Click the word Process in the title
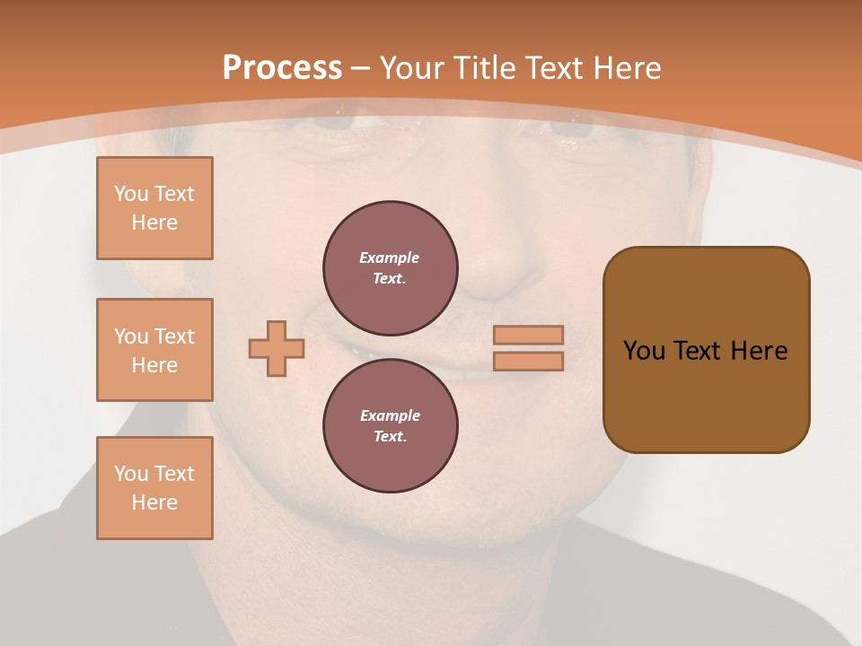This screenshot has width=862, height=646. pyautogui.click(x=282, y=67)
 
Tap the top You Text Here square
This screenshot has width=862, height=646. pyautogui.click(x=154, y=208)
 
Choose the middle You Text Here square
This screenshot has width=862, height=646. pyautogui.click(x=154, y=350)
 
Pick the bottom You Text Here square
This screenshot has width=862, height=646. pyautogui.click(x=154, y=488)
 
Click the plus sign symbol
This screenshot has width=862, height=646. pyautogui.click(x=277, y=348)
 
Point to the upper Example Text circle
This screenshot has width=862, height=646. pyautogui.click(x=391, y=268)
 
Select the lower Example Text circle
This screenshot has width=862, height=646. pyautogui.click(x=391, y=426)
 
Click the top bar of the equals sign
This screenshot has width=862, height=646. pyautogui.click(x=528, y=335)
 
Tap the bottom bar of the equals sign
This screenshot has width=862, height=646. pyautogui.click(x=528, y=361)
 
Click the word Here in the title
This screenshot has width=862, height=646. pyautogui.click(x=628, y=67)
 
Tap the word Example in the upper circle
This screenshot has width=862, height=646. pyautogui.click(x=389, y=258)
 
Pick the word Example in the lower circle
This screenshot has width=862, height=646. pyautogui.click(x=390, y=415)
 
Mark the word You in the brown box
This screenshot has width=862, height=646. pyautogui.click(x=644, y=350)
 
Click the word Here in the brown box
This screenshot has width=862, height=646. pyautogui.click(x=759, y=350)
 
